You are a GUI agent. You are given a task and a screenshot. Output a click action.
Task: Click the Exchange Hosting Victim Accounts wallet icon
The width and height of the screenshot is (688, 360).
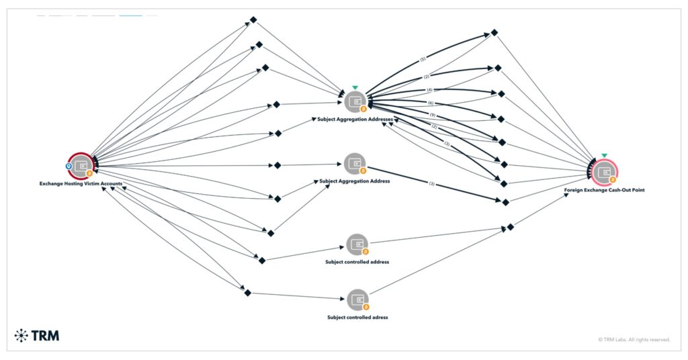click(x=81, y=165)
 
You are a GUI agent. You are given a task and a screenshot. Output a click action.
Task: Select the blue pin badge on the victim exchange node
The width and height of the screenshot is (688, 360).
click(x=68, y=165)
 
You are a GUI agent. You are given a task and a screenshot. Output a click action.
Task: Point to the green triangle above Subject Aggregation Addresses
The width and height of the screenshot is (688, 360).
click(x=355, y=88)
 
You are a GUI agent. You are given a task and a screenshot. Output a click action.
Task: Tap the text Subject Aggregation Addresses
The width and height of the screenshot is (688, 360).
click(x=355, y=119)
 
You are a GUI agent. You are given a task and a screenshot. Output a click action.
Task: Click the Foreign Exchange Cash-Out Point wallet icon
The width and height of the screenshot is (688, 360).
click(x=605, y=173)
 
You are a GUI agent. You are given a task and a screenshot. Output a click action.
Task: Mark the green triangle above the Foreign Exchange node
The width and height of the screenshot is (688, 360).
click(x=604, y=156)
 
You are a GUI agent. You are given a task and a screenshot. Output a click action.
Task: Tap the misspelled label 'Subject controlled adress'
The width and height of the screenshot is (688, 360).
click(x=357, y=317)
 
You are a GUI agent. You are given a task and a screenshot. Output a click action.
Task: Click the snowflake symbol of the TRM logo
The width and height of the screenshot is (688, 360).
click(x=21, y=335)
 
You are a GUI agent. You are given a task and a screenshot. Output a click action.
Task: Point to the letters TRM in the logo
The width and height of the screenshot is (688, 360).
click(x=45, y=335)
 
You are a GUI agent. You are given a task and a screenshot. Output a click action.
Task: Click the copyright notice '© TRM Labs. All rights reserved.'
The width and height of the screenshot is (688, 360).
click(x=634, y=340)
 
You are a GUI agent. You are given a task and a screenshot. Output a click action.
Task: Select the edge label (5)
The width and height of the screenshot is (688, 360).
click(x=423, y=60)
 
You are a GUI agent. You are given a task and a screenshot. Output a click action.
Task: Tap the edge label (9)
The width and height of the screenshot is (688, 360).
click(x=433, y=116)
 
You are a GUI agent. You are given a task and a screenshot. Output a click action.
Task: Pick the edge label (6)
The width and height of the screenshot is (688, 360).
click(x=431, y=102)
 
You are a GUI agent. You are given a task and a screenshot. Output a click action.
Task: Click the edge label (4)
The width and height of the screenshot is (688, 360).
click(x=429, y=90)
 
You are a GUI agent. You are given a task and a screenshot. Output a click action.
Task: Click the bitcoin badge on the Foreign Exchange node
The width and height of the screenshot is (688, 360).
click(x=612, y=180)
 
